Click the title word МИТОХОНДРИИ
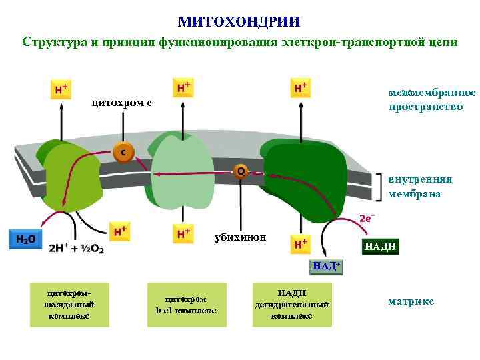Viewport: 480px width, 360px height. tap(239, 22)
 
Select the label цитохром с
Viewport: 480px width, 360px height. tap(121, 103)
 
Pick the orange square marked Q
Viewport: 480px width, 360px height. tap(240, 171)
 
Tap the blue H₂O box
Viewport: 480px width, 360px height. tap(26, 239)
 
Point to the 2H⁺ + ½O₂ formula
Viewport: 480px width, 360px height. tap(76, 248)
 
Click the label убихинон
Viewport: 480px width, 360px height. tap(240, 237)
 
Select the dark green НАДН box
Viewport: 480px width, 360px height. tap(380, 247)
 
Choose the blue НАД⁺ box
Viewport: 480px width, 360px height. tap(327, 267)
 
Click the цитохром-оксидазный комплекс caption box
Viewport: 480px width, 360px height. tap(69, 305)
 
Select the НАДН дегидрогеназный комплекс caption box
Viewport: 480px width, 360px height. tap(291, 305)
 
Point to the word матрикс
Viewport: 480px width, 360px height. tap(411, 302)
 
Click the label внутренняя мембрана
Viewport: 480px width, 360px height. tap(420, 187)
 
